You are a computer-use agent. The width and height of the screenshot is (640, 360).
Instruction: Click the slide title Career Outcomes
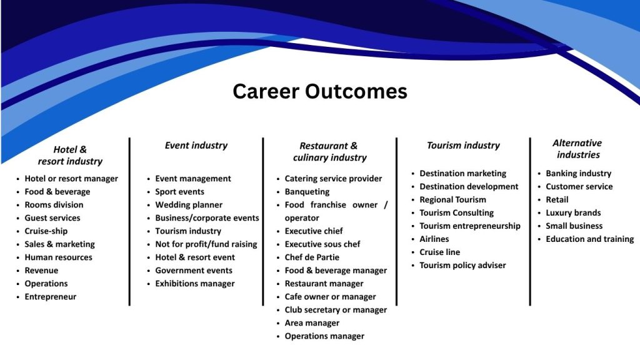tap(319, 91)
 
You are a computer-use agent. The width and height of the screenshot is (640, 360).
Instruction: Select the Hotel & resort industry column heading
tap(70, 155)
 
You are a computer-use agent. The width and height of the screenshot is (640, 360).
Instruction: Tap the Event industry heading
tap(196, 145)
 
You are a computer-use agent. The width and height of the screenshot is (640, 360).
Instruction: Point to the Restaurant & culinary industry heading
tap(329, 151)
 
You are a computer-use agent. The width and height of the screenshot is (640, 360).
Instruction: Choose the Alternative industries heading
tap(578, 149)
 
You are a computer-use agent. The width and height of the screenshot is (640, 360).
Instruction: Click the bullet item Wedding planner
tap(189, 204)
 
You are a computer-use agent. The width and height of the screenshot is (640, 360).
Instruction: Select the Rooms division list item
tap(54, 204)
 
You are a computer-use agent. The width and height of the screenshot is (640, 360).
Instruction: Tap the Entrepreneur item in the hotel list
tap(50, 297)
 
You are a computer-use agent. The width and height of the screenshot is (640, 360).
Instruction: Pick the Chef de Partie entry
tap(312, 257)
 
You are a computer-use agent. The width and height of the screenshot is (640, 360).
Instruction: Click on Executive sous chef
tap(322, 244)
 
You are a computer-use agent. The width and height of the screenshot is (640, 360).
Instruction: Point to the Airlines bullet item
tap(434, 239)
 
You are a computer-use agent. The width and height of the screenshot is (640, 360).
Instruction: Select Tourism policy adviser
tap(462, 265)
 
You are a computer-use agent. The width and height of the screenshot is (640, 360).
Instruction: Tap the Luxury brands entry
tap(573, 212)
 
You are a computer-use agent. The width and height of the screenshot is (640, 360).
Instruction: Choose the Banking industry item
tap(578, 174)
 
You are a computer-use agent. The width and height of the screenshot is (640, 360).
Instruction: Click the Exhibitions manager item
tap(195, 283)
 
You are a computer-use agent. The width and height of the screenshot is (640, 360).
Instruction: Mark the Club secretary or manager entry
tap(336, 310)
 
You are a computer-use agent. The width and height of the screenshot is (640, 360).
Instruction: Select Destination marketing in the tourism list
tap(463, 174)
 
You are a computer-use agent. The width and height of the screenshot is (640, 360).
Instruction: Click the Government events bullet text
tap(194, 270)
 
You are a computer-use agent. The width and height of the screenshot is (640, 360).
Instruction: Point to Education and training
tap(590, 239)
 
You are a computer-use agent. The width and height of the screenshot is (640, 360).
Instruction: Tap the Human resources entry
tap(58, 257)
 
